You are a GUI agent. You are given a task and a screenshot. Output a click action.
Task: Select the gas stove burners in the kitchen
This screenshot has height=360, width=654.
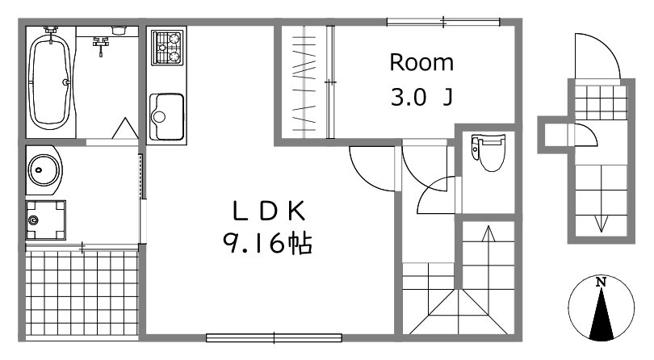click(167, 48)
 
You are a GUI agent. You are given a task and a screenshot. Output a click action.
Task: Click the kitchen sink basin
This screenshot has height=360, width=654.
click(166, 117)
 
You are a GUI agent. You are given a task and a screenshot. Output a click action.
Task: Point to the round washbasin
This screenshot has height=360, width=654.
click(44, 170)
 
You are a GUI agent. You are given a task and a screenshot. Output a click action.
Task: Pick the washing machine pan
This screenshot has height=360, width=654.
click(46, 220)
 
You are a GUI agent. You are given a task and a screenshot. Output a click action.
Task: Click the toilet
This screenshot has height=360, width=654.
click(488, 152)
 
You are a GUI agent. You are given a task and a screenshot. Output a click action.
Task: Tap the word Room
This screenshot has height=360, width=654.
click(421, 63)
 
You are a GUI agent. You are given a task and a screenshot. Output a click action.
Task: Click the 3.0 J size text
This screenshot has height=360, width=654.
click(421, 98)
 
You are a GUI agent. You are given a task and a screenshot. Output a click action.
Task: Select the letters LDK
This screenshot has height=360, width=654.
click(269, 211)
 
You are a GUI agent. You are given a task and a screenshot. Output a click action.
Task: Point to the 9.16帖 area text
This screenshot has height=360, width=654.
click(267, 243)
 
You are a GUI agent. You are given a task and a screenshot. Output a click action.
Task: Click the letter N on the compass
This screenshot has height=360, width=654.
click(601, 282)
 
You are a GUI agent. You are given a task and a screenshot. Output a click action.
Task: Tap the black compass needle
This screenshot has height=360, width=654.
click(602, 314)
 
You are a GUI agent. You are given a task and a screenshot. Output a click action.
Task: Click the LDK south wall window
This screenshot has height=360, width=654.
click(274, 337)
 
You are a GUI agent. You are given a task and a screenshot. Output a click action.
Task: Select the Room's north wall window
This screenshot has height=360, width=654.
click(443, 22)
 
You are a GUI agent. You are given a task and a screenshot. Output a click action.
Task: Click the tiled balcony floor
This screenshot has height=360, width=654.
click(82, 293)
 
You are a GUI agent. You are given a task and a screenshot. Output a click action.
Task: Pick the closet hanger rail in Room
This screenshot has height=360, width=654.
click(330, 82)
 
